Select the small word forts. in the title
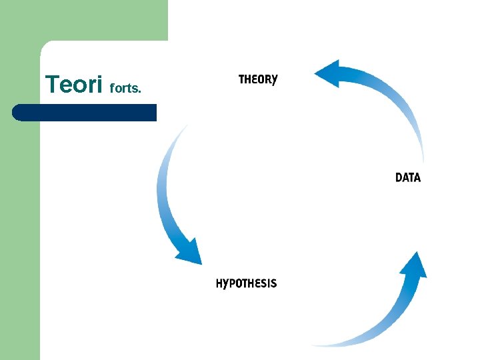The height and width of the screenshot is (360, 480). pos(125,87)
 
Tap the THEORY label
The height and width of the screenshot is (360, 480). pos(258,79)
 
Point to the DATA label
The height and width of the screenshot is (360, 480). pos(408,177)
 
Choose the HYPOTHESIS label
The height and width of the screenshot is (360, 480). pos(246,283)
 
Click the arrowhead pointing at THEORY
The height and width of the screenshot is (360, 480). pos(328,73)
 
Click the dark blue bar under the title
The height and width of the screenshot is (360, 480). pos(87,112)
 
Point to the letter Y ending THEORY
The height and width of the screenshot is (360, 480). pos(273,79)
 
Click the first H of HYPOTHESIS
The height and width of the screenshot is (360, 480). pos(220,283)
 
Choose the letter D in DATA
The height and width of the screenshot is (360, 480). pos(399,177)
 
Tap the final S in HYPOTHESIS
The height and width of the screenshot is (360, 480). pos(273,283)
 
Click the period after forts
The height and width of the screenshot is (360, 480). pos(139,91)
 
